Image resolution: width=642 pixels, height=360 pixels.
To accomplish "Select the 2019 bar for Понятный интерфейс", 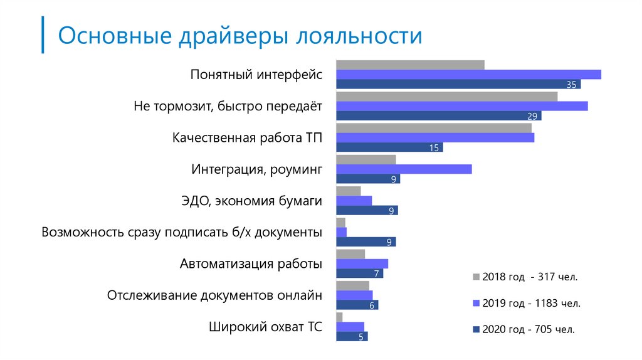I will pos(468,75).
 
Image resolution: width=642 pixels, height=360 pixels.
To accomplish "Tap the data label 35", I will pos(571,85).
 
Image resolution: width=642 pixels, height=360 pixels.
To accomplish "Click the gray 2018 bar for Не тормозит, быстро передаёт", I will pos(446,96).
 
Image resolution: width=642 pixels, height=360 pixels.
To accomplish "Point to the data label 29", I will pos(532,116).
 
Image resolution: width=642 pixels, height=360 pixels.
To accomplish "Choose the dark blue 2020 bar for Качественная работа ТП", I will pos(389,147).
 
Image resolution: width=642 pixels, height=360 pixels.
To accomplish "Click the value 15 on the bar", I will pos(434,148).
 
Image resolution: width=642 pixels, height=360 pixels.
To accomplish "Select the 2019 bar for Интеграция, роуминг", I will pos(404,169).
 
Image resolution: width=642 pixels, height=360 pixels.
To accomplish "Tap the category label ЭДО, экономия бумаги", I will pos(251,201).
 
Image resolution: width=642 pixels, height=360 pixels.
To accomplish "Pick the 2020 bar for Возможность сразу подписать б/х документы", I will pos(366,242).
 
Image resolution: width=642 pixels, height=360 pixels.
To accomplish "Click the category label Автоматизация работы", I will pos(251,263).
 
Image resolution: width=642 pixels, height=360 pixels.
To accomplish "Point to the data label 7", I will pos(376,274).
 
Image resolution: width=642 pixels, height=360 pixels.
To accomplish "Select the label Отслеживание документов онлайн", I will pos(214,295).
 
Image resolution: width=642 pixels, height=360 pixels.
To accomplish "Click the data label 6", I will pos(372,305).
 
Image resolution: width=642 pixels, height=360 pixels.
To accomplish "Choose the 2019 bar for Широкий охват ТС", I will pos(350,326).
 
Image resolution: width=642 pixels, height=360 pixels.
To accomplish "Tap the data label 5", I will pos(361,337).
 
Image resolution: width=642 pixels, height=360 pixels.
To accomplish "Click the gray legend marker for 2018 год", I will pos(476,277).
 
